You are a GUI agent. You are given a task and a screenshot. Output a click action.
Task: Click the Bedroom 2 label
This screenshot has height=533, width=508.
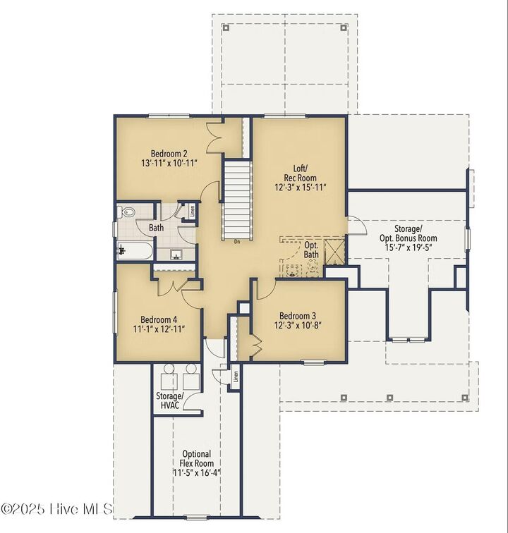click(169, 154)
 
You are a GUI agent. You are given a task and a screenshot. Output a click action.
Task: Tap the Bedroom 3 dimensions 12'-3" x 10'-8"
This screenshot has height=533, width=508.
click(298, 325)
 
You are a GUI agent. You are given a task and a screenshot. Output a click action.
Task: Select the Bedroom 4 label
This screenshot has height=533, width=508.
click(159, 319)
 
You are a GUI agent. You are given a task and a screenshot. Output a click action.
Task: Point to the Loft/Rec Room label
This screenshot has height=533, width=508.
click(301, 173)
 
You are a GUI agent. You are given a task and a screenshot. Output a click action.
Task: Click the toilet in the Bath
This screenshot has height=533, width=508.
click(126, 212)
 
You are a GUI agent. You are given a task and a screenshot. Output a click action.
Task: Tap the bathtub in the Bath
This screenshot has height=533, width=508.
click(135, 250)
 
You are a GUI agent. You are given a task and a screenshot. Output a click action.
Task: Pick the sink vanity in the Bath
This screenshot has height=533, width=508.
click(176, 254)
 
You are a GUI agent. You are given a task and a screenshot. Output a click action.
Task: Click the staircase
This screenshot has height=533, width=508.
click(237, 201)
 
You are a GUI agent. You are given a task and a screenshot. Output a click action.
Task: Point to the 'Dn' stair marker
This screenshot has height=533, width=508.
click(237, 242)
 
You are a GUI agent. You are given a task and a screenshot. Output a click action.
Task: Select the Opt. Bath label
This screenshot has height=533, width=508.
click(311, 250)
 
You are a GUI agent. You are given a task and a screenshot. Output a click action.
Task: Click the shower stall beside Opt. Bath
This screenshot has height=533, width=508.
click(335, 252)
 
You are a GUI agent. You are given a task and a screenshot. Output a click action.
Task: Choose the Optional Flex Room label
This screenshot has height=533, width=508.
click(197, 463)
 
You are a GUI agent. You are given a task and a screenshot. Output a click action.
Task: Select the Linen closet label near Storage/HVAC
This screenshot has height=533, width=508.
click(236, 376)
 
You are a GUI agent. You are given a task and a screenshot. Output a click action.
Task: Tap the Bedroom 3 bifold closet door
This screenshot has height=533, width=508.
click(255, 344)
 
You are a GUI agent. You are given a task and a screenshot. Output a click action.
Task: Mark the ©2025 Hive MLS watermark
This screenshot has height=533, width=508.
click(56, 509)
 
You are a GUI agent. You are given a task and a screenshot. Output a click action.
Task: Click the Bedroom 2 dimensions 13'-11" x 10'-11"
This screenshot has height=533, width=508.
click(169, 163)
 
